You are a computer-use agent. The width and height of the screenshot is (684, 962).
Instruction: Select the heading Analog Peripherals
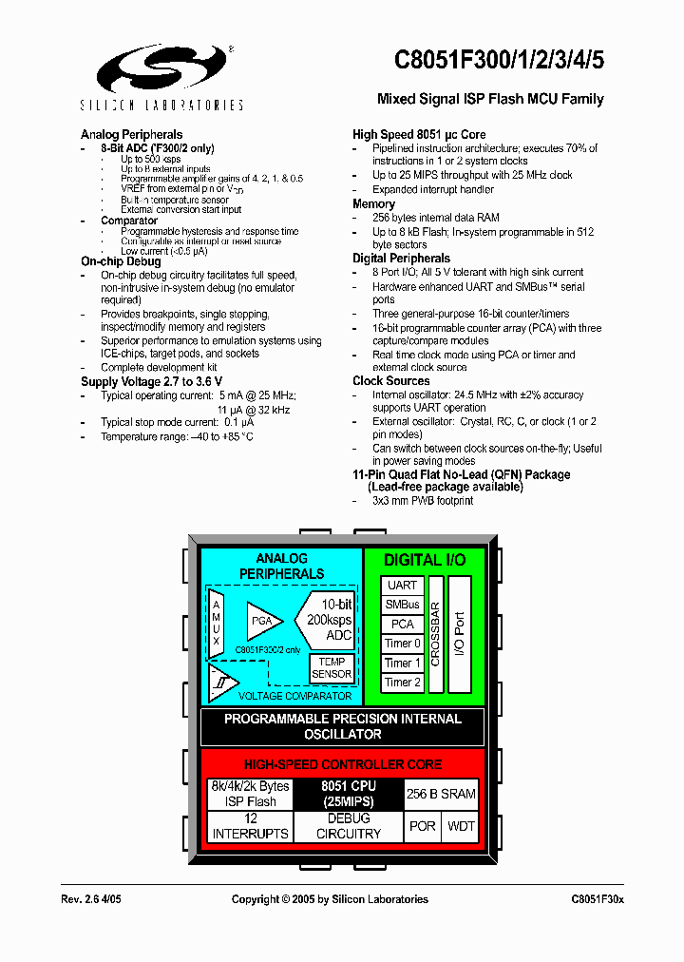tap(131, 135)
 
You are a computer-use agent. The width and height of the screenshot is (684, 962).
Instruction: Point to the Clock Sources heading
tap(390, 381)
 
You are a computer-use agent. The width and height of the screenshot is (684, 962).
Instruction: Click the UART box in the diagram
tap(402, 586)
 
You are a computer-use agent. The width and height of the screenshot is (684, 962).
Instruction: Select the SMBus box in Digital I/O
tap(402, 605)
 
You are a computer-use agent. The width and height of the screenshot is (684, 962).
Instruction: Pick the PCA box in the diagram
tap(402, 625)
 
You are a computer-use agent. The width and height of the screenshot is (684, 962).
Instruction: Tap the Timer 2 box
tap(402, 683)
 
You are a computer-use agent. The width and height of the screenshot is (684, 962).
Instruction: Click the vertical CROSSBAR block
tap(435, 634)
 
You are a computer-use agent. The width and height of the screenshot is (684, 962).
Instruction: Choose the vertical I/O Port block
tap(460, 634)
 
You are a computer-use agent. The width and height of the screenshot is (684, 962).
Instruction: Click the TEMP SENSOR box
tap(332, 668)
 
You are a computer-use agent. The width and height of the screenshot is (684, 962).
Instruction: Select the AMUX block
tap(217, 624)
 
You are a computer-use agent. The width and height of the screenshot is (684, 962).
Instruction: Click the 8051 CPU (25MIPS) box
tap(349, 794)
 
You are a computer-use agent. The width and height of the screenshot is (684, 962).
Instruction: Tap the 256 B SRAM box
tap(441, 794)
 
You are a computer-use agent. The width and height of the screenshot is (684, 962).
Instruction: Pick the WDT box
tap(461, 826)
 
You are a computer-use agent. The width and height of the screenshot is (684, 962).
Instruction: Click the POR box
tap(422, 826)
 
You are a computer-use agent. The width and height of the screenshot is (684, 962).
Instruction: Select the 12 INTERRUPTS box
tap(250, 826)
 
